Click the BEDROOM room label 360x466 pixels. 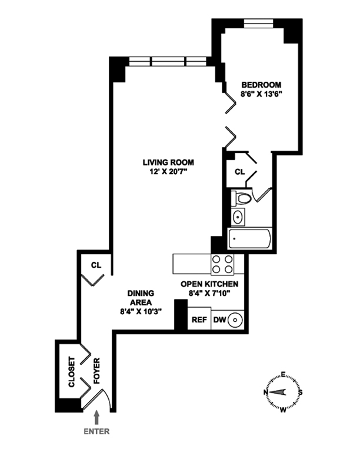(x=261, y=84)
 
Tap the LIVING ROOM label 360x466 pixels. (x=169, y=162)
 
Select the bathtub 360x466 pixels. (x=249, y=240)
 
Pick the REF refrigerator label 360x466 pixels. (x=198, y=320)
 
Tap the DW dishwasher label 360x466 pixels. (x=219, y=320)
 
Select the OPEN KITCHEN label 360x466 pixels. (x=213, y=284)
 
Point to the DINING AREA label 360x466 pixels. (x=141, y=298)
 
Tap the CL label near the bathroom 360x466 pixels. (x=239, y=172)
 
